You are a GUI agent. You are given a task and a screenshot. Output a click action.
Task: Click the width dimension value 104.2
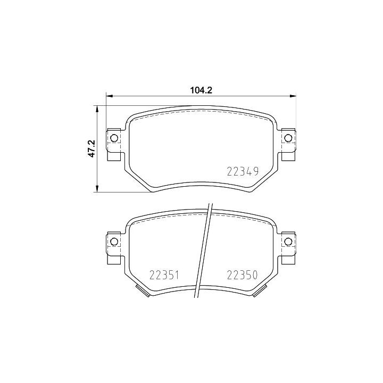click(x=201, y=90)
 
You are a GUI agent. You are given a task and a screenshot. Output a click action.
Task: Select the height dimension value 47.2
click(x=91, y=148)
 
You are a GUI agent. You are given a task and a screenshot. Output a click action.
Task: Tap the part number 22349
click(x=243, y=171)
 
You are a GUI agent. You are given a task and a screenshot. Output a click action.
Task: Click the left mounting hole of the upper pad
click(x=113, y=139)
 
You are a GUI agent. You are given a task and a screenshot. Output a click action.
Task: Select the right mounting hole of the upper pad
click(x=288, y=139)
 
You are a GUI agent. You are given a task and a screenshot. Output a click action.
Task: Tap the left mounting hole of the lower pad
click(x=113, y=242)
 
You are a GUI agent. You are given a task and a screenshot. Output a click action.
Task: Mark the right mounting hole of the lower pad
click(x=288, y=242)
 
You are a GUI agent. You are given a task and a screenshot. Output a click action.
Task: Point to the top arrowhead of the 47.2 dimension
click(x=97, y=108)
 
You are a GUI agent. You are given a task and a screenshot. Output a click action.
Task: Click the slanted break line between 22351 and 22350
click(x=205, y=250)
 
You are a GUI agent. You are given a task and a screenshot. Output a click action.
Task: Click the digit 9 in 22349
click(x=255, y=171)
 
